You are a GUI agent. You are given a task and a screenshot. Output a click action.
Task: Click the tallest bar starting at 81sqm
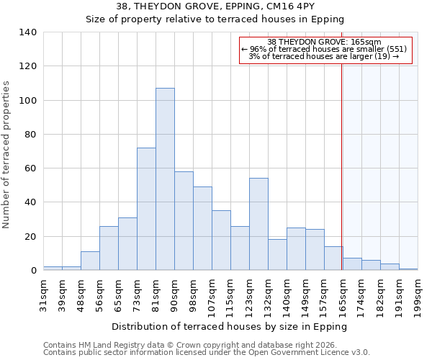pos(165,179)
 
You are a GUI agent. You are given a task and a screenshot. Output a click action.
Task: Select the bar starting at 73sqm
pos(146,209)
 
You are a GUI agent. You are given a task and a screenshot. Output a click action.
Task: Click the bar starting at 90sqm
pos(184,221)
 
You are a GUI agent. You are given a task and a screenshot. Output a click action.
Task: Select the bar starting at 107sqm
pos(221,240)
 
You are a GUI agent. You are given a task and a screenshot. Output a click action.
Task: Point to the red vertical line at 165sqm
pos(341,158)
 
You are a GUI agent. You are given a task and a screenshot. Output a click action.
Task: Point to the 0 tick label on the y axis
pos(33,271)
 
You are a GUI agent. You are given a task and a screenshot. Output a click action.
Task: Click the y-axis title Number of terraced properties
pos(6,155)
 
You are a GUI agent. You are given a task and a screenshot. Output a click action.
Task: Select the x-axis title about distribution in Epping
pos(230,326)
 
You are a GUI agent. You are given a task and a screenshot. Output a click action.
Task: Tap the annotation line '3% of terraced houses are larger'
pos(323,56)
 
